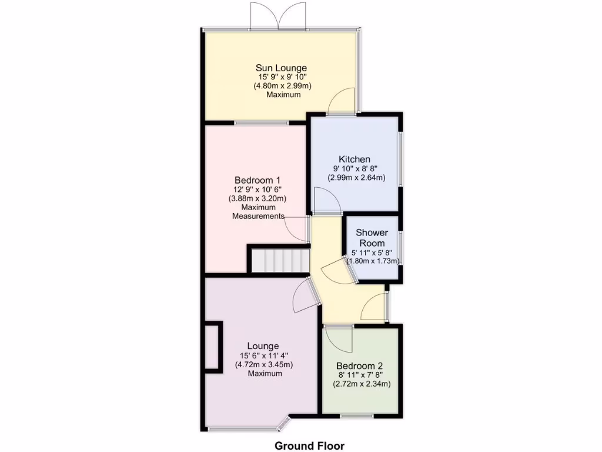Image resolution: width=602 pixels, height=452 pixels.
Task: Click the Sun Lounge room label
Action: [280, 68]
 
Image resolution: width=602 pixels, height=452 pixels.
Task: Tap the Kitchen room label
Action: [354, 159]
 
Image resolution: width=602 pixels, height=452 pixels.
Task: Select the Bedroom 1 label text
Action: [257, 180]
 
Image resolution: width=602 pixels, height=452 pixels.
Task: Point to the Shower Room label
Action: [372, 238]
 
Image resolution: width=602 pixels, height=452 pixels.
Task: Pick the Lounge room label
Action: [263, 345]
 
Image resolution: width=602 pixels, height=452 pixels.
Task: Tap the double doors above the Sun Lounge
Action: [279, 16]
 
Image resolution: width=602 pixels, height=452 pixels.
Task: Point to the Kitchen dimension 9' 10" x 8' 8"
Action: [356, 168]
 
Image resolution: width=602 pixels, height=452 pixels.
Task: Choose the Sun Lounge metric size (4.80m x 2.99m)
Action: [282, 86]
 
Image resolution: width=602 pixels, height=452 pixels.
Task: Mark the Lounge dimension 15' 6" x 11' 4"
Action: [264, 355]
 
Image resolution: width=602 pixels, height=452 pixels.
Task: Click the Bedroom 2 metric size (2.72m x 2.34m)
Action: [362, 384]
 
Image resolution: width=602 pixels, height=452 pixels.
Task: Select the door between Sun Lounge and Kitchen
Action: [341, 101]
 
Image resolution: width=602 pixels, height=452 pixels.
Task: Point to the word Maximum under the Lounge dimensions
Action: [264, 374]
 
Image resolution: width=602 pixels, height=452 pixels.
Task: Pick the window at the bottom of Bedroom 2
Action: [356, 416]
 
